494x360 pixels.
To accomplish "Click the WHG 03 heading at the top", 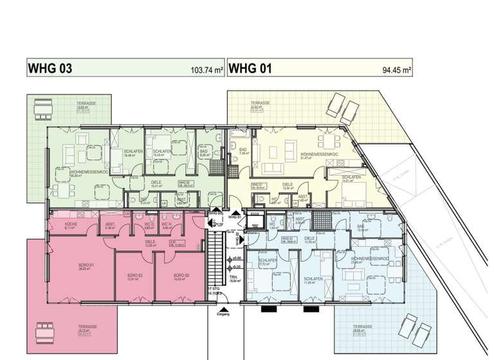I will pos(48,69).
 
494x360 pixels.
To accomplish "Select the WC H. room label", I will pos(167,224).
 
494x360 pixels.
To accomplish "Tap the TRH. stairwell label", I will pos(234,278).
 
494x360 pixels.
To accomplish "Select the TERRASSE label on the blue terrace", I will pos(358,327).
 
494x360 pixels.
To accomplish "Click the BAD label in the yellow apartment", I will pos(243,149).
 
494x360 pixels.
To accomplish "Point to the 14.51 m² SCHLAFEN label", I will pos(351,179).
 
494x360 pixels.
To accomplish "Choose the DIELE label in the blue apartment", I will pos(310,238).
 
